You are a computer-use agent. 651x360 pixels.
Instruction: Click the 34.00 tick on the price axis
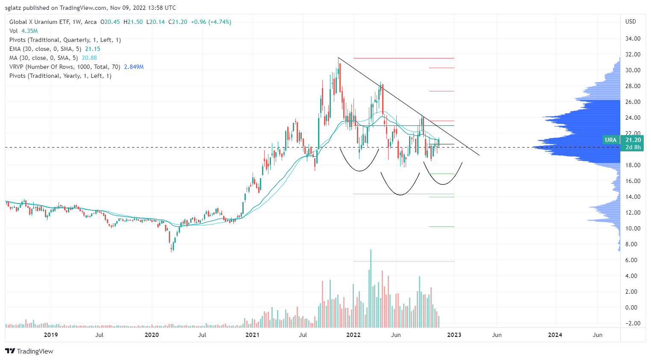[633, 38]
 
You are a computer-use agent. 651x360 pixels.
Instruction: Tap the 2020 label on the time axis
[152, 335]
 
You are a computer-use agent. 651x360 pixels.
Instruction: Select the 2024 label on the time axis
[555, 335]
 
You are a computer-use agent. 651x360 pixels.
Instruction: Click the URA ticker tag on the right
[610, 140]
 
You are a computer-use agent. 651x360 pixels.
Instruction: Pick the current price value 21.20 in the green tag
[633, 140]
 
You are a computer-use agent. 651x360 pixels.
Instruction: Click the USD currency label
[630, 21]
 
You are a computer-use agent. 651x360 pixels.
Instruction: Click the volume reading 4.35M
[29, 31]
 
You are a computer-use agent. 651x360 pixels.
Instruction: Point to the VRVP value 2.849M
[134, 67]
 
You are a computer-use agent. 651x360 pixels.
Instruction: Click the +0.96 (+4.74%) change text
[211, 22]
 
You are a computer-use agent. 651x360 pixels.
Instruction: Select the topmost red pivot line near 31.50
[404, 58]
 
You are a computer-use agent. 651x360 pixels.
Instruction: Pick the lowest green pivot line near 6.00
[404, 261]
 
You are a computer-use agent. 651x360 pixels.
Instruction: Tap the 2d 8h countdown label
[633, 147]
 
